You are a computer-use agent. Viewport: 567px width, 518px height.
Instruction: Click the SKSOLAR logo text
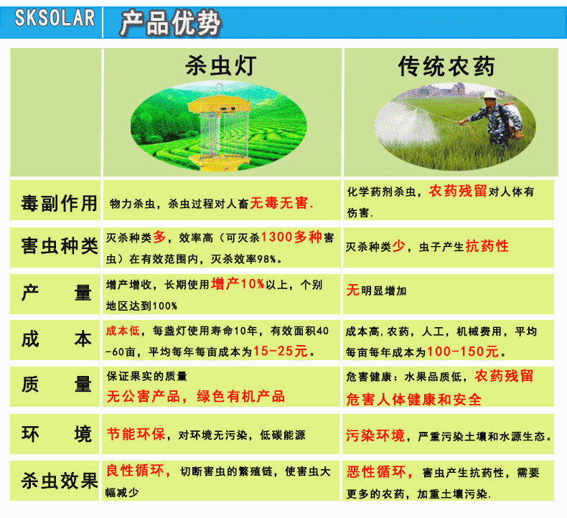(55, 18)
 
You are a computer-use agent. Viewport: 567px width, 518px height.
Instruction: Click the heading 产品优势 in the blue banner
(170, 23)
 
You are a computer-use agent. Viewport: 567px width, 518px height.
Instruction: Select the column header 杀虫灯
(220, 66)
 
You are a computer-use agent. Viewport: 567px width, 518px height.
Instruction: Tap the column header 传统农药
(446, 66)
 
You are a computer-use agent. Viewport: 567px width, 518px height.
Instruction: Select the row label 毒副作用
(59, 203)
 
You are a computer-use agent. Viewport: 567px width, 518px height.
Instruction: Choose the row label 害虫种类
(60, 246)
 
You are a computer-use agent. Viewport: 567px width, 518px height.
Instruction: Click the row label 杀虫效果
(60, 481)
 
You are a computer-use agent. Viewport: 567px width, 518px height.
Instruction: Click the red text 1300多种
(291, 237)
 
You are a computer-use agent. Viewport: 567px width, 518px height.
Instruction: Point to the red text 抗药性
(487, 246)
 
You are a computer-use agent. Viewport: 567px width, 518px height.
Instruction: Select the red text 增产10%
(238, 284)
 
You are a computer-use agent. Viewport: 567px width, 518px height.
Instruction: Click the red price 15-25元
(281, 351)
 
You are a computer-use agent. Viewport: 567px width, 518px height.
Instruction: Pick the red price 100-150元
(463, 352)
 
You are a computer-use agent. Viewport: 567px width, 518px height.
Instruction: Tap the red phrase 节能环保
(136, 434)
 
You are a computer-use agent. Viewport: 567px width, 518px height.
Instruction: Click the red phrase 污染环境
(375, 435)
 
